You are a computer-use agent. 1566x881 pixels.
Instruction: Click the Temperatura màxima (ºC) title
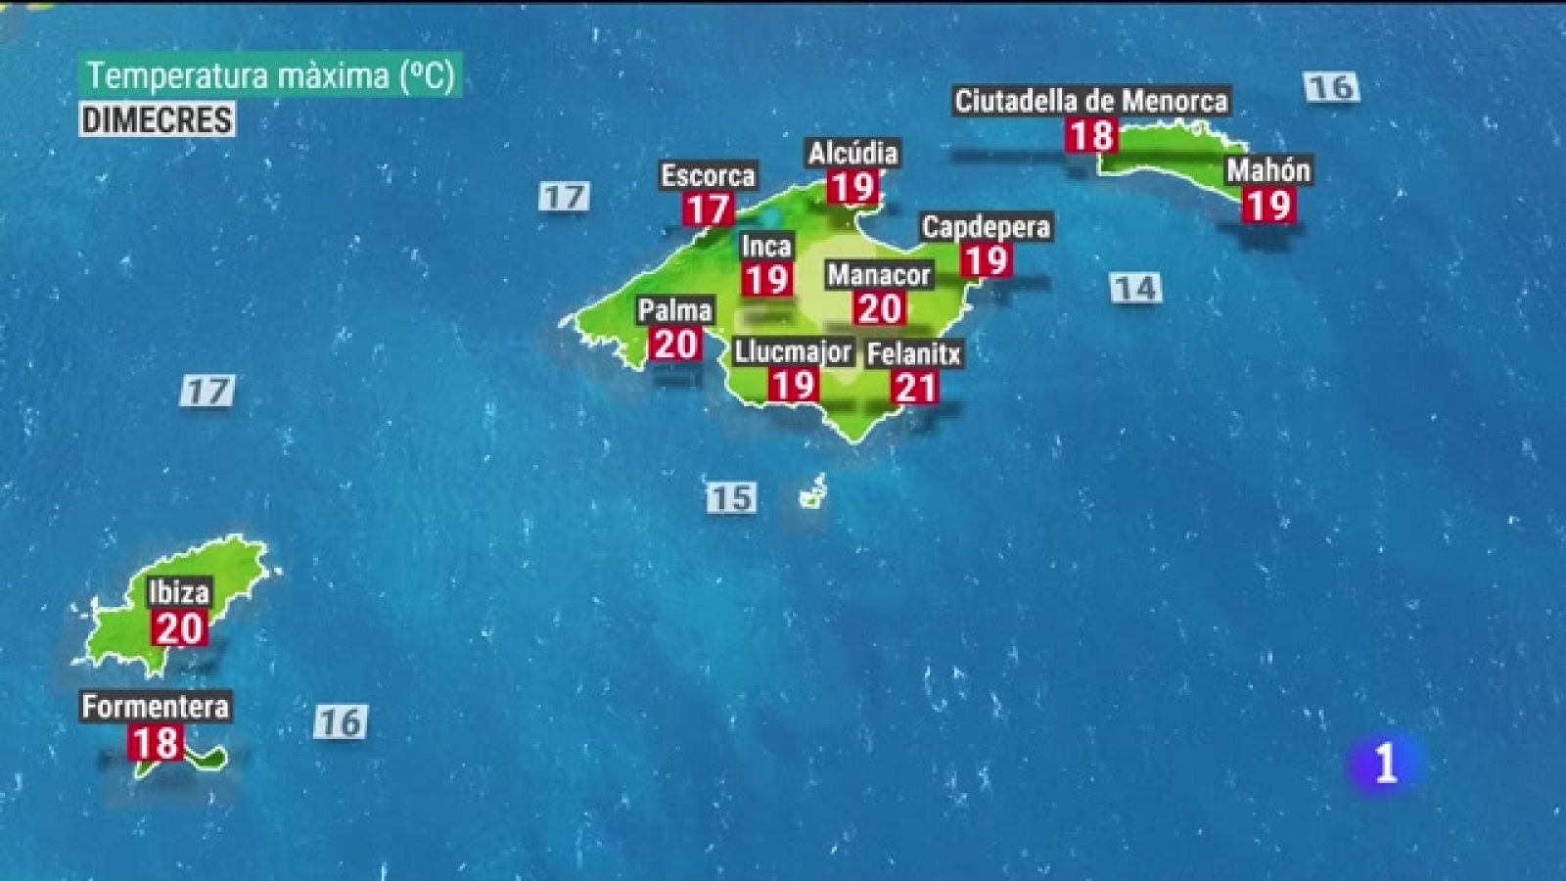270,75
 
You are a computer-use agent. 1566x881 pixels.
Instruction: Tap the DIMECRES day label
157,119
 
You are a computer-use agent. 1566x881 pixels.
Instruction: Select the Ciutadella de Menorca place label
1090,101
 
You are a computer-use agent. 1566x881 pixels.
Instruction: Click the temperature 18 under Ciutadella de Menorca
1090,135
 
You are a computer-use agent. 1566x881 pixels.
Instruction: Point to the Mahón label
1268,170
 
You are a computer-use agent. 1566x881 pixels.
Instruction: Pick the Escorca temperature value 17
707,209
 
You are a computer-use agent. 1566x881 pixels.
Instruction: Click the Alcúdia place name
852,153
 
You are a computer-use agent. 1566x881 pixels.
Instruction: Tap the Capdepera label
986,227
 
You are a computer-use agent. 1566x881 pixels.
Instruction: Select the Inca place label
766,246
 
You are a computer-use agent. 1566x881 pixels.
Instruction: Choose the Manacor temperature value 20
879,309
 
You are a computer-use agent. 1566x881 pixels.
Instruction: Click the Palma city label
675,310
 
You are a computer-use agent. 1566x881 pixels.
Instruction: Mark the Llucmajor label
793,351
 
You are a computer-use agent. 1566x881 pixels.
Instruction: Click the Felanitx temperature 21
915,389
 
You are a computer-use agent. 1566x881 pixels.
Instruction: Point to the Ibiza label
178,592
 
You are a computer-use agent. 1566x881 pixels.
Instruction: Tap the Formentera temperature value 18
157,743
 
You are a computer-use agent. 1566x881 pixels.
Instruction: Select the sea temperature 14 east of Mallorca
1135,288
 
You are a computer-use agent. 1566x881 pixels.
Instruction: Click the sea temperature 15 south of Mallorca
731,497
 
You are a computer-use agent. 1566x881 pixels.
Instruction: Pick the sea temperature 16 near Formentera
341,722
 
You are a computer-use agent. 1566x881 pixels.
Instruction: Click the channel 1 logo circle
1384,763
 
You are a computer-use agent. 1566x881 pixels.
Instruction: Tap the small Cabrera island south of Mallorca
812,494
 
